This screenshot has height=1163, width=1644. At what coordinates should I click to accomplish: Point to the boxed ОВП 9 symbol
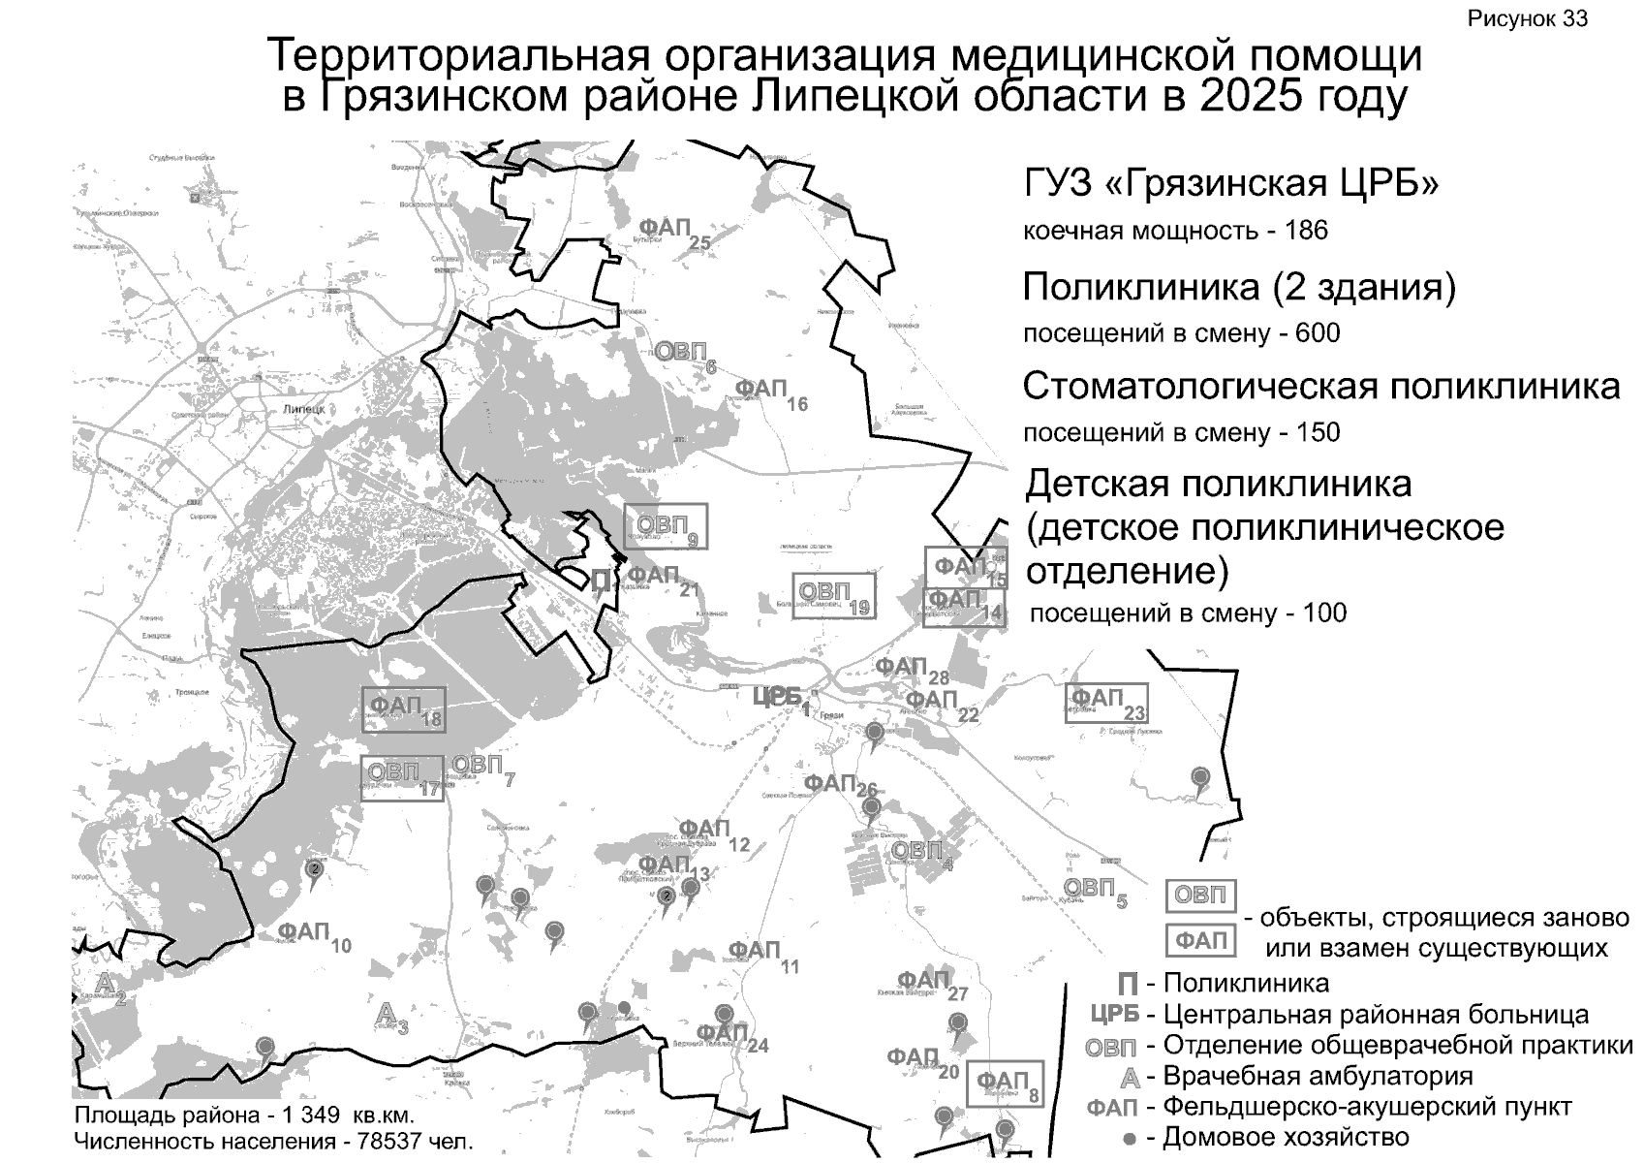(x=666, y=526)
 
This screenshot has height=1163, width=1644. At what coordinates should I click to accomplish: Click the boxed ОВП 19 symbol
(x=833, y=596)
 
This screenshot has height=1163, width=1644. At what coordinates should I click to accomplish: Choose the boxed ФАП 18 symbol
(x=404, y=709)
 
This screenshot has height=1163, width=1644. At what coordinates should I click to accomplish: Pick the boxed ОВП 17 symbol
(x=402, y=778)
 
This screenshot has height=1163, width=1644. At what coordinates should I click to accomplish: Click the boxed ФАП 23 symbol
(x=1105, y=703)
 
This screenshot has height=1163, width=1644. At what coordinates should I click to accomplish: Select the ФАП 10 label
(x=313, y=936)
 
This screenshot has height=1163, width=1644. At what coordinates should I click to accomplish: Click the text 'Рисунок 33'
(x=1527, y=19)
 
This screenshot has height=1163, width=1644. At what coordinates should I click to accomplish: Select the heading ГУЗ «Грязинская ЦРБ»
(x=1230, y=183)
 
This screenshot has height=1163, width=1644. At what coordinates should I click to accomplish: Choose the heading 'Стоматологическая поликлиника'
(x=1320, y=387)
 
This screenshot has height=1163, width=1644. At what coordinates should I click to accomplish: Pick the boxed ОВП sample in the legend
(x=1200, y=896)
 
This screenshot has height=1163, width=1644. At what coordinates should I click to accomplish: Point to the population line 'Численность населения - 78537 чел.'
(x=274, y=1142)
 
